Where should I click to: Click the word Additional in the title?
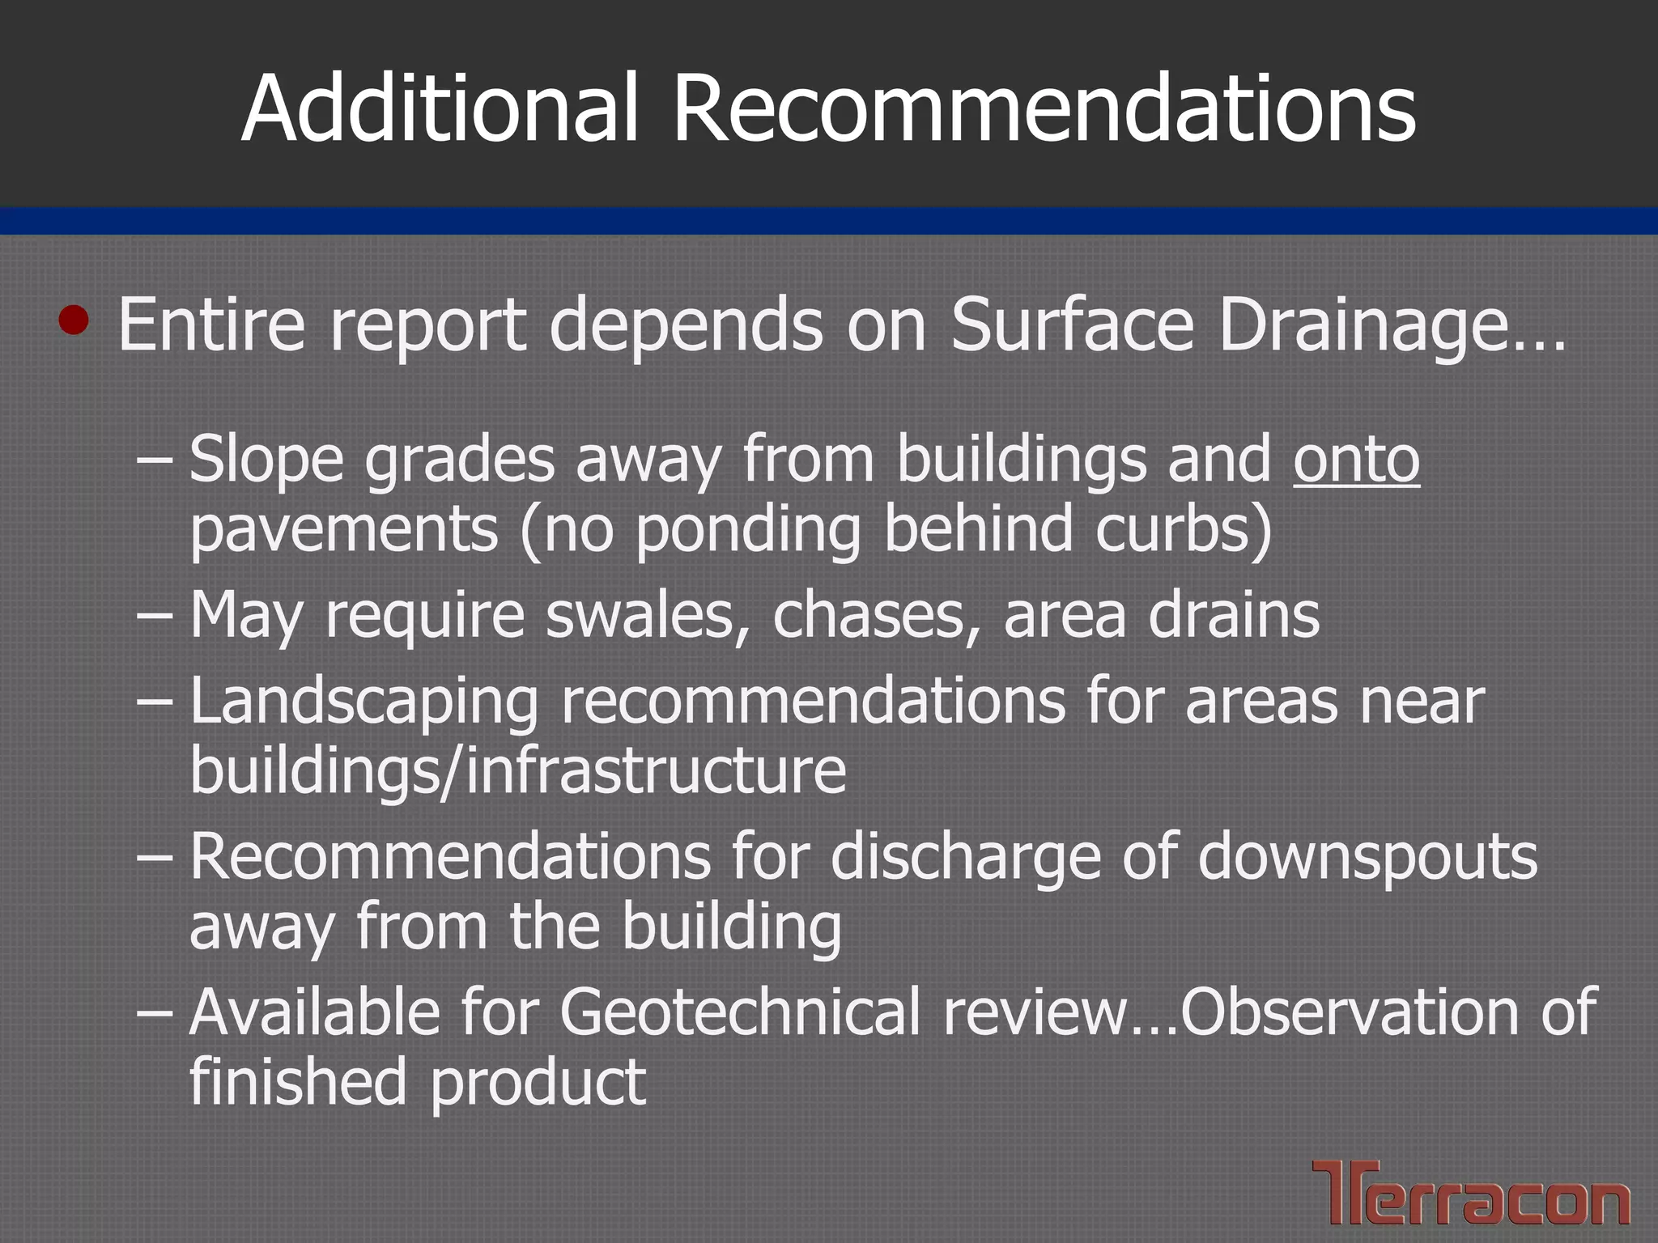point(442,109)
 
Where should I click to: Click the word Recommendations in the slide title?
point(1044,109)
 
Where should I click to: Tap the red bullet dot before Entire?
point(74,320)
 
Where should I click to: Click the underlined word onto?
point(1356,460)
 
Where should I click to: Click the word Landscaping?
point(364,702)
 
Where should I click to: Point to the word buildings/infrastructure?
point(518,771)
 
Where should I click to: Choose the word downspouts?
point(1367,858)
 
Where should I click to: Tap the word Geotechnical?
point(740,1013)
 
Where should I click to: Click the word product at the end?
point(538,1083)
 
